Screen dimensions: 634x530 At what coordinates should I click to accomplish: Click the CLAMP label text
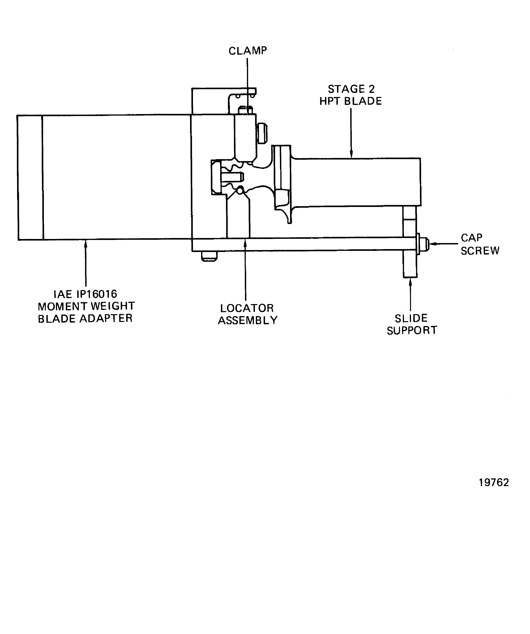[247, 51]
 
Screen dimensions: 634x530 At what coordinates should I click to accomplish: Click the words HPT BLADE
[350, 101]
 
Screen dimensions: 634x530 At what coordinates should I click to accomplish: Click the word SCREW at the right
[480, 251]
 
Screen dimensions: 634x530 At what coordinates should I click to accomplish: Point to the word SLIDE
[411, 318]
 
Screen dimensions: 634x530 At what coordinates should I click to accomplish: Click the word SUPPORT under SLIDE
[412, 330]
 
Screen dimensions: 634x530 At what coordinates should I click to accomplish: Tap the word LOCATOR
[247, 308]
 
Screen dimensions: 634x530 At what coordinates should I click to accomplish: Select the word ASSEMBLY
[247, 320]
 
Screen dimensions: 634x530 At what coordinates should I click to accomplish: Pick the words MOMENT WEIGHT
[86, 306]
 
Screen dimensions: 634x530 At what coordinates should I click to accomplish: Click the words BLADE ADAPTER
[85, 318]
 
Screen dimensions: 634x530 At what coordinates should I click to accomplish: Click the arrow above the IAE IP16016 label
[86, 263]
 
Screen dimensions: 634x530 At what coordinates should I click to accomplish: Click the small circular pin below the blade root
[240, 190]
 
